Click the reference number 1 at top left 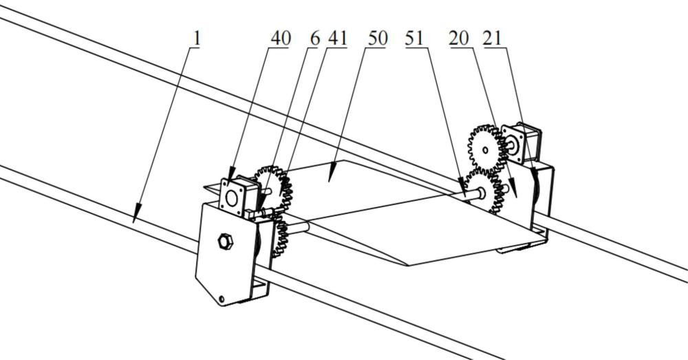[x=197, y=38]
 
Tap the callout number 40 [x=280, y=38]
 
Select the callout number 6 [x=315, y=38]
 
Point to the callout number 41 [x=337, y=38]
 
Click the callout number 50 [x=377, y=38]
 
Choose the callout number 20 [x=459, y=38]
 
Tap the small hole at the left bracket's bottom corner [x=222, y=299]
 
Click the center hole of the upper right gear [x=486, y=149]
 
